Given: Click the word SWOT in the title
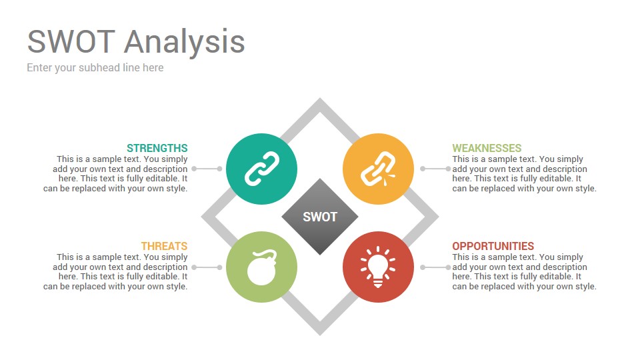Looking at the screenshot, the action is point(71,41).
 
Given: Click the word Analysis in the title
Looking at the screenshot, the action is point(185,42).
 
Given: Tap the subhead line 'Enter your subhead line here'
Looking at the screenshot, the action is point(95,68).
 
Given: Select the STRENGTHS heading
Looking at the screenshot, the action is point(157,148).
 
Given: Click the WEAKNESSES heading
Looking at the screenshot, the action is point(487,148).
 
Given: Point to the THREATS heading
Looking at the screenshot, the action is point(165,246).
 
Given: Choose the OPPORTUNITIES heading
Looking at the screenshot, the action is point(493,246).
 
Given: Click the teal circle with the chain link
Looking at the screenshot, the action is point(261,169).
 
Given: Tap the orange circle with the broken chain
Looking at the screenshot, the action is point(379,169).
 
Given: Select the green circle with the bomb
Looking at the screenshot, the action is point(261,267).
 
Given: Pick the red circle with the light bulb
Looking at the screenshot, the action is point(379,267).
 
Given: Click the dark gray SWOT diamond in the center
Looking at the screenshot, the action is point(320,217).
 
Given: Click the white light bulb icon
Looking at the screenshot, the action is point(378,267).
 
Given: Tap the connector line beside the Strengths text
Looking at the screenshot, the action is point(207,169).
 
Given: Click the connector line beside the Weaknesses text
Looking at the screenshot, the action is point(435,169).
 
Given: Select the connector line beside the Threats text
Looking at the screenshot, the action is point(207,267).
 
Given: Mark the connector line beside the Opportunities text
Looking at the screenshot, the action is point(435,267).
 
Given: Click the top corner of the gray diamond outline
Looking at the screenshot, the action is point(320,99).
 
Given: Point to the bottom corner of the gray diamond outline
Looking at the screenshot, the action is point(320,335).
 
